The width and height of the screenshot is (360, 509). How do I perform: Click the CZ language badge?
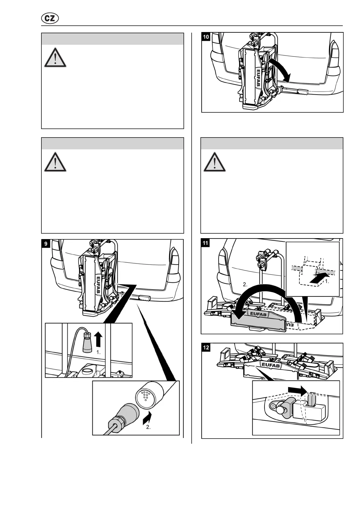click(x=50, y=18)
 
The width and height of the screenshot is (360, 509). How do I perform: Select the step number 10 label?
click(x=206, y=37)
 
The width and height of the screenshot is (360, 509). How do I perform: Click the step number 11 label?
click(x=206, y=243)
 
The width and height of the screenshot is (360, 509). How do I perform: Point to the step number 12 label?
click(x=206, y=348)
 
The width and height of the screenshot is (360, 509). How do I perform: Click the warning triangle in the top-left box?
click(x=55, y=57)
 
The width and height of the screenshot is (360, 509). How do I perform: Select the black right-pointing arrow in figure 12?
click(x=297, y=390)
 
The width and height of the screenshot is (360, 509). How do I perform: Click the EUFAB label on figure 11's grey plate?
click(x=258, y=314)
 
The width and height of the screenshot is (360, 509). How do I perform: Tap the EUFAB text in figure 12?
click(x=271, y=365)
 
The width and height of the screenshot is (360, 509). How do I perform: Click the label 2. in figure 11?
click(x=245, y=284)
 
